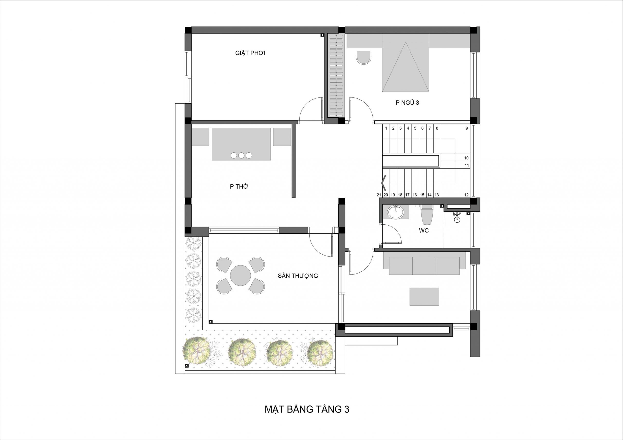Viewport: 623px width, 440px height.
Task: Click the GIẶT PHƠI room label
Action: pos(250,53)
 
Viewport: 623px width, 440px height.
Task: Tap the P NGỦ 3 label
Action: pos(407,103)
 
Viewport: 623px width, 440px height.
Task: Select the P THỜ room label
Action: pos(239,186)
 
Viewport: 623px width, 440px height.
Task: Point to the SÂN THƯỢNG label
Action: pos(298,276)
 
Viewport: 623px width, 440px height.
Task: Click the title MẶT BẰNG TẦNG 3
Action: pos(307,409)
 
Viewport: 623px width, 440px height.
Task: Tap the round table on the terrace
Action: pos(240,275)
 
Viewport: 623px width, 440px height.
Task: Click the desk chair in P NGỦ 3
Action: pos(363,57)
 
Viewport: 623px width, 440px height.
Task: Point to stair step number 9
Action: pos(467,128)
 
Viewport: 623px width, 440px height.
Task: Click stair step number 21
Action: pos(379,195)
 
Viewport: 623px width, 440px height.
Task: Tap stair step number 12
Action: pos(467,195)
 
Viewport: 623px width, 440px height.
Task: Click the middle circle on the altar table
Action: pos(241,155)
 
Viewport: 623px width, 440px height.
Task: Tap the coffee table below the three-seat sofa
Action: pos(424,297)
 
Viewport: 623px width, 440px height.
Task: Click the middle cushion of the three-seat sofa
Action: pos(424,266)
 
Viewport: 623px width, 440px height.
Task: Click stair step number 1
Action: pos(386,128)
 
